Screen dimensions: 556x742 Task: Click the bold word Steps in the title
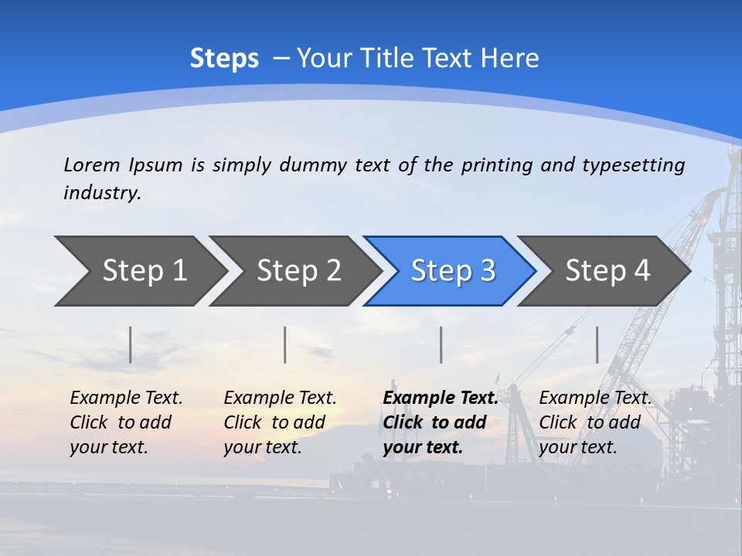click(x=224, y=59)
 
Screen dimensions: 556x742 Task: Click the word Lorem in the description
click(x=92, y=164)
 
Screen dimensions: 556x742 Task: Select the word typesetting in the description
click(x=633, y=165)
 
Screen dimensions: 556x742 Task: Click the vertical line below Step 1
click(x=131, y=344)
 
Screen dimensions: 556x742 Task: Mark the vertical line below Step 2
click(x=285, y=344)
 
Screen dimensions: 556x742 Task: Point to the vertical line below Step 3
click(x=441, y=344)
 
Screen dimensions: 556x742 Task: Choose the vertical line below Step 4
click(x=597, y=344)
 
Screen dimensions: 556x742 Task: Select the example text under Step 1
click(x=126, y=422)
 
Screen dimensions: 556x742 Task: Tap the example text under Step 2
click(x=280, y=422)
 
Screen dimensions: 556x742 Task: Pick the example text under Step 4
click(x=595, y=422)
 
